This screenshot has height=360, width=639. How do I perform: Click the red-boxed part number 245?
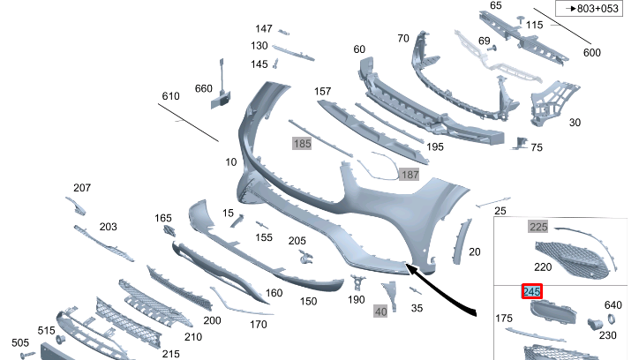(x=532, y=291)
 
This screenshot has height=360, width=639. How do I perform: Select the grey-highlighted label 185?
(x=302, y=143)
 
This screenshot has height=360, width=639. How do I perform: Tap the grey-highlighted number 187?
(x=410, y=175)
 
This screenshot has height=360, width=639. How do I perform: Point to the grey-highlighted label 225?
(x=538, y=227)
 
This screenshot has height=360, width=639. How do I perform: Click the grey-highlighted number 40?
(x=380, y=311)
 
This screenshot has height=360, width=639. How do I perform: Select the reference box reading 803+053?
(x=590, y=9)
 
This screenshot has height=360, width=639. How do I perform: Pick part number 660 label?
(x=203, y=88)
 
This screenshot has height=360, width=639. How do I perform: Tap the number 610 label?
(x=170, y=96)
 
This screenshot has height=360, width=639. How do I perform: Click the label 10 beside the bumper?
(x=230, y=162)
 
